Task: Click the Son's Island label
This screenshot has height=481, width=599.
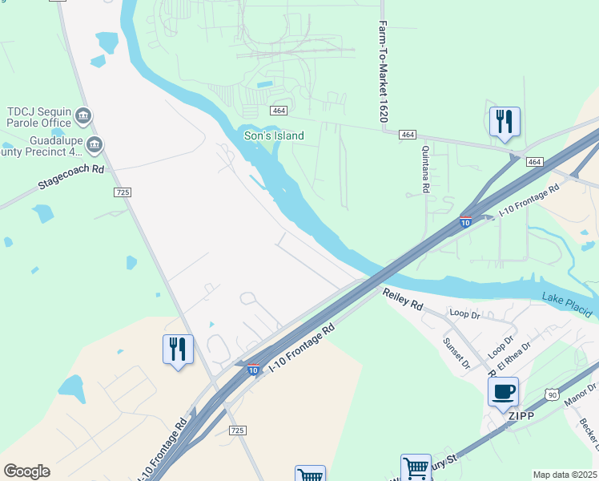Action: point(274,135)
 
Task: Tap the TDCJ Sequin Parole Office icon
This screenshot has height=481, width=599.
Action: point(82,119)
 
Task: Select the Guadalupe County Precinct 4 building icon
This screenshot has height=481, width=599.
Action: point(94,144)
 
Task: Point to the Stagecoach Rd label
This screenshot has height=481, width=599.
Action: point(71,177)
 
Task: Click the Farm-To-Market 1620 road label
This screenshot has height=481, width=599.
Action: point(384,72)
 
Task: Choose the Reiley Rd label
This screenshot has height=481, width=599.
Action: point(403,301)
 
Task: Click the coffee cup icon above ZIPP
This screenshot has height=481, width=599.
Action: point(503,392)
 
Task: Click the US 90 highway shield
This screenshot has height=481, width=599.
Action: point(551,394)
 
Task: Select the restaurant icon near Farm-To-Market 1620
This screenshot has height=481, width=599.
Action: point(505,122)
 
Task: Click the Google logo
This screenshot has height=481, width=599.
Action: point(26,471)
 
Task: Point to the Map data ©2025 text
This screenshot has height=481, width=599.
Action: point(565,475)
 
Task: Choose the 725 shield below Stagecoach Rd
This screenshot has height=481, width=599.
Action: point(123,192)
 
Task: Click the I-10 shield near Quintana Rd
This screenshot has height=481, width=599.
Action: point(465,222)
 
